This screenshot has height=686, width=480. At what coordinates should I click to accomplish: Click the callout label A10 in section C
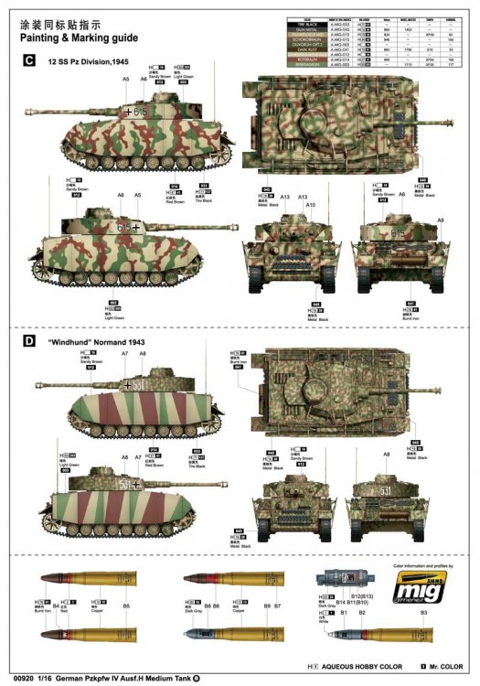click(310, 204)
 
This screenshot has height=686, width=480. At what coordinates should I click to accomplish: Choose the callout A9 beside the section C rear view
click(440, 220)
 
